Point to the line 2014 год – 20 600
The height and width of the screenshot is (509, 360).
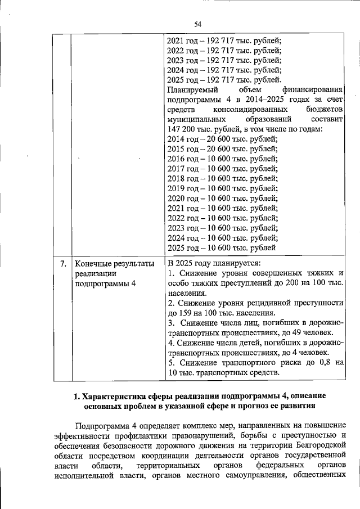click(x=223, y=138)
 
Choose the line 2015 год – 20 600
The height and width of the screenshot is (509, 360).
click(x=223, y=148)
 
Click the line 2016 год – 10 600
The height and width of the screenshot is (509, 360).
click(x=223, y=159)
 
